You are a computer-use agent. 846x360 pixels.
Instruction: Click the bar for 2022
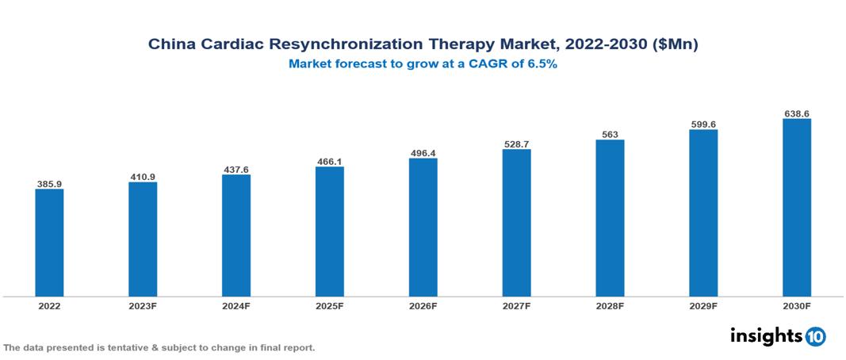(x=49, y=243)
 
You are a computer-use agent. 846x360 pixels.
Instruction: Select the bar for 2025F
(x=329, y=232)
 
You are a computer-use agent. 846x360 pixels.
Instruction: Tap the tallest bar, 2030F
(x=796, y=208)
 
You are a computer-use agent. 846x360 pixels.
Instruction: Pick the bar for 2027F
(x=516, y=223)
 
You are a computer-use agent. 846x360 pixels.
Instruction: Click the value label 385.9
(x=49, y=184)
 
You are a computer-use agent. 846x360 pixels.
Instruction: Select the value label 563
(x=610, y=135)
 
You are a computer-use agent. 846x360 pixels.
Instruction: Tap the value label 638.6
(x=796, y=114)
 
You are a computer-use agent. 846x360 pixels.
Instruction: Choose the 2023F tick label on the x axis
(x=143, y=306)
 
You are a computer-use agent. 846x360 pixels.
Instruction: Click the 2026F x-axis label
(x=423, y=306)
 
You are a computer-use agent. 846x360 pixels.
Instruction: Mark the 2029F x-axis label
(x=703, y=306)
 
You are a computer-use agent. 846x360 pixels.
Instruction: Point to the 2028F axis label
(x=610, y=306)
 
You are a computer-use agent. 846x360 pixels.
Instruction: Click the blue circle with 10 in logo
(x=815, y=336)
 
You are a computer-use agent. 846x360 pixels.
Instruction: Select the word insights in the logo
(x=766, y=335)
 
